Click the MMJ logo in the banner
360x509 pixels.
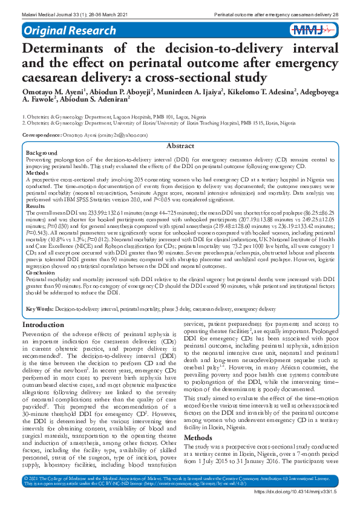pos(312,30)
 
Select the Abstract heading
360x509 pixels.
pos(180,146)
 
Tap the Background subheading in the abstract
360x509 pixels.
pos(42,153)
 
